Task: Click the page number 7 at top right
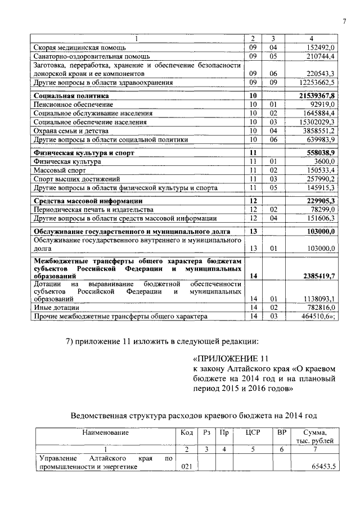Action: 343,21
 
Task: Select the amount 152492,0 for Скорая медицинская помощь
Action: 320,48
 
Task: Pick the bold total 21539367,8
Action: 317,96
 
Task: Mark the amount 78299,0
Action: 322,209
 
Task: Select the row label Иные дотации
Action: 56,308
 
